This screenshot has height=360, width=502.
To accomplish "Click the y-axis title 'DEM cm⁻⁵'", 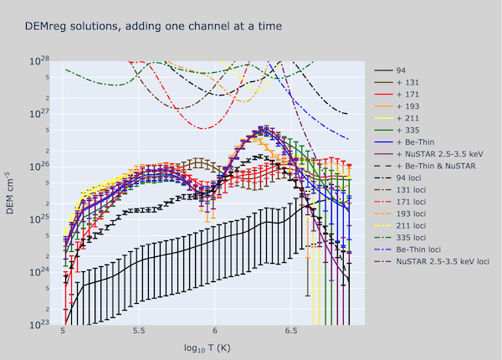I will pyautogui.click(x=12, y=192).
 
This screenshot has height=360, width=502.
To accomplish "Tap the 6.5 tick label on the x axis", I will pyautogui.click(x=289, y=331).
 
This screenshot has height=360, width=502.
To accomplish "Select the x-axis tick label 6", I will pyautogui.click(x=215, y=331).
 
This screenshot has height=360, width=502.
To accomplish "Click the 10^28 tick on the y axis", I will pyautogui.click(x=41, y=61).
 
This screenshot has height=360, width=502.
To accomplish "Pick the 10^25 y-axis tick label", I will pyautogui.click(x=41, y=219).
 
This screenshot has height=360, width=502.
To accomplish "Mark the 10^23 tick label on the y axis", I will pyautogui.click(x=41, y=325).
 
